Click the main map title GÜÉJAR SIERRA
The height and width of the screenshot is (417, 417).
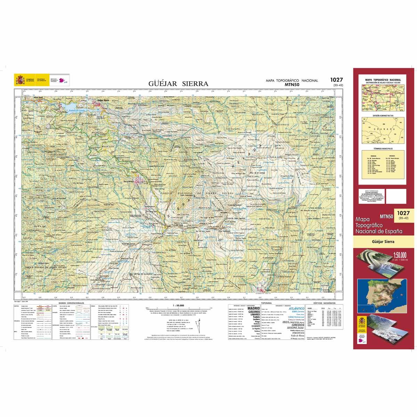click(178, 83)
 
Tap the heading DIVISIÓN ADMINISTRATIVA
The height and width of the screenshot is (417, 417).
click(383, 115)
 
